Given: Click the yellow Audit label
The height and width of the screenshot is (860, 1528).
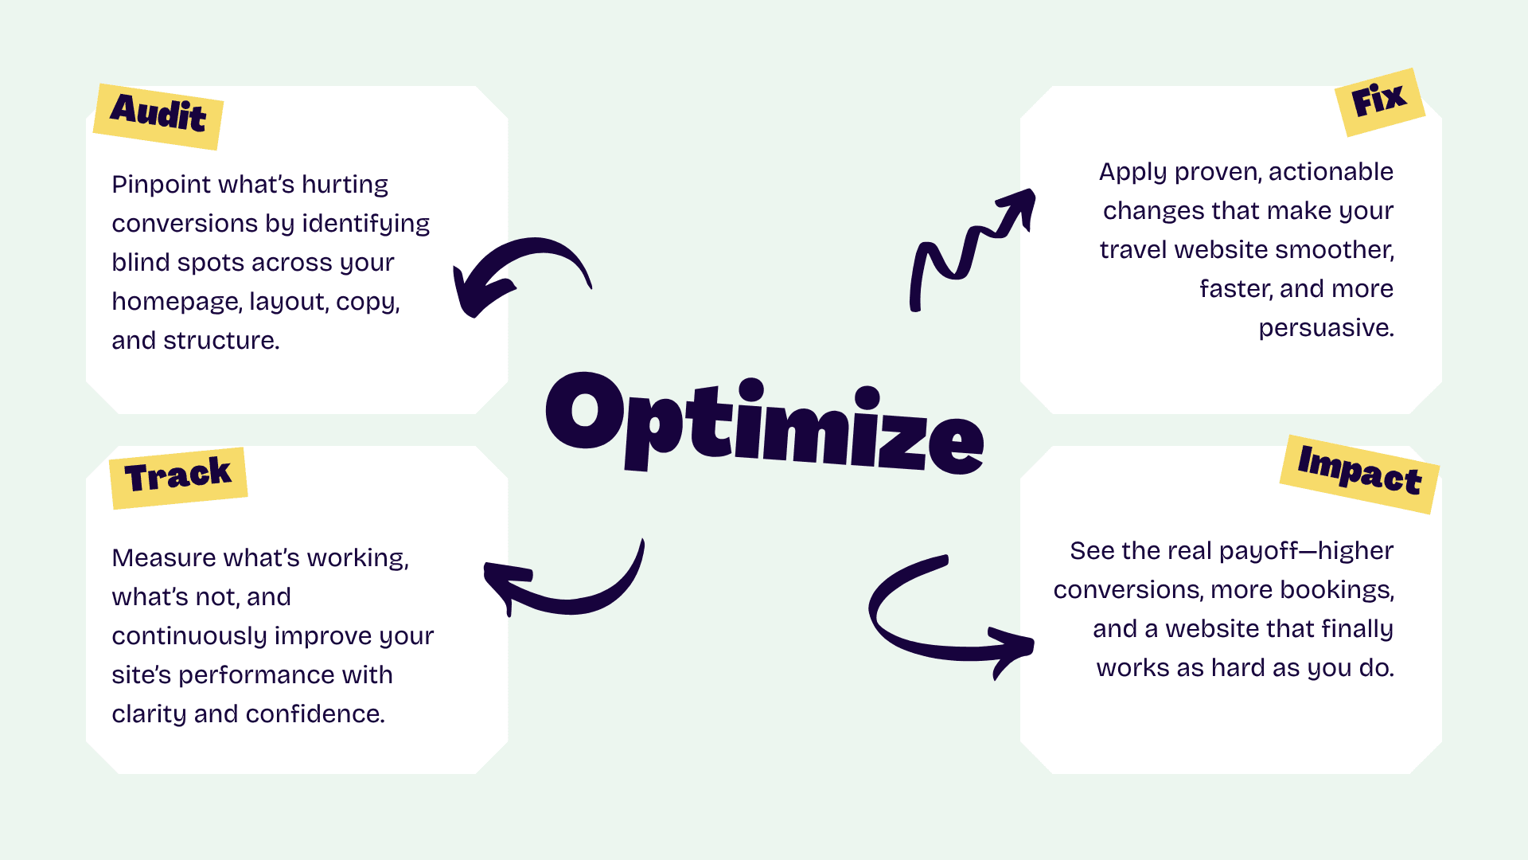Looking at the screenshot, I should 158,115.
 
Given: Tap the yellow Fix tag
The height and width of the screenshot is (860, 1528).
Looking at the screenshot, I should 1379,101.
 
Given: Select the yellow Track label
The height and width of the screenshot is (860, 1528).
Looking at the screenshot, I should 178,477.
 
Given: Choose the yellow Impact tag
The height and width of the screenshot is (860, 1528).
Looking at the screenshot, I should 1359,473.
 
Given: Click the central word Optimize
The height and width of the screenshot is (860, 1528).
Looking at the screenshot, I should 764,424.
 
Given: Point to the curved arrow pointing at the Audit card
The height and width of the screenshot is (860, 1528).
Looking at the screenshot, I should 517,271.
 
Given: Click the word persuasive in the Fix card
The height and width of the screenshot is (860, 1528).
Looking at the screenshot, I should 1325,328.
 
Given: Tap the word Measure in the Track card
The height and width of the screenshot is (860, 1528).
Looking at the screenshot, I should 163,558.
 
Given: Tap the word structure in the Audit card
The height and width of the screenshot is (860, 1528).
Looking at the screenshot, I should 220,341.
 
